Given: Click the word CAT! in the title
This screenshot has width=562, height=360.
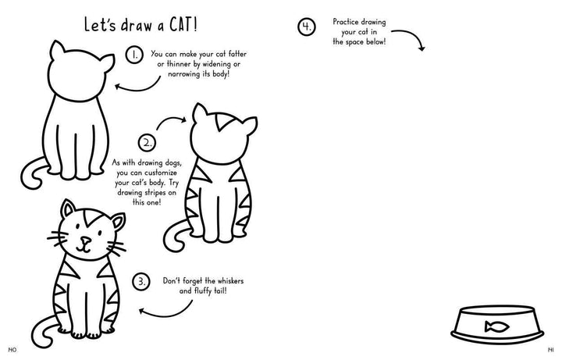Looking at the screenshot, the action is coord(183,25).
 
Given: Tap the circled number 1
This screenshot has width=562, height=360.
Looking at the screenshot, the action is coord(134,55).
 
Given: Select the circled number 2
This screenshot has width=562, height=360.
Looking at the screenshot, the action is coord(148,143).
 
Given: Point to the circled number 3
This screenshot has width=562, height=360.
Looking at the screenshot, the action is coord(141,281).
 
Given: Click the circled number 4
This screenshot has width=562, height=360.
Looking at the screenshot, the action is coord(307,27).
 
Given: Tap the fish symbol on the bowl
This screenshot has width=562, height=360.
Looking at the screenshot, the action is coord(496,326).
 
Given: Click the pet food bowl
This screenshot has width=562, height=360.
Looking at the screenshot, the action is coord(497,325).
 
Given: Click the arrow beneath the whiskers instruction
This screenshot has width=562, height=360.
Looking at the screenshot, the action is coord(169,315).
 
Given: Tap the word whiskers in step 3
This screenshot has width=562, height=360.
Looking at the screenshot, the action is coord(230,281).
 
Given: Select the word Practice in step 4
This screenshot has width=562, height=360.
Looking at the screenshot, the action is coord(346,22).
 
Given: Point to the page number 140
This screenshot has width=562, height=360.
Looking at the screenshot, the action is coord(12,350).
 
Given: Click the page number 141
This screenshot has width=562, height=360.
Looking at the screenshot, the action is coord(550,350).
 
